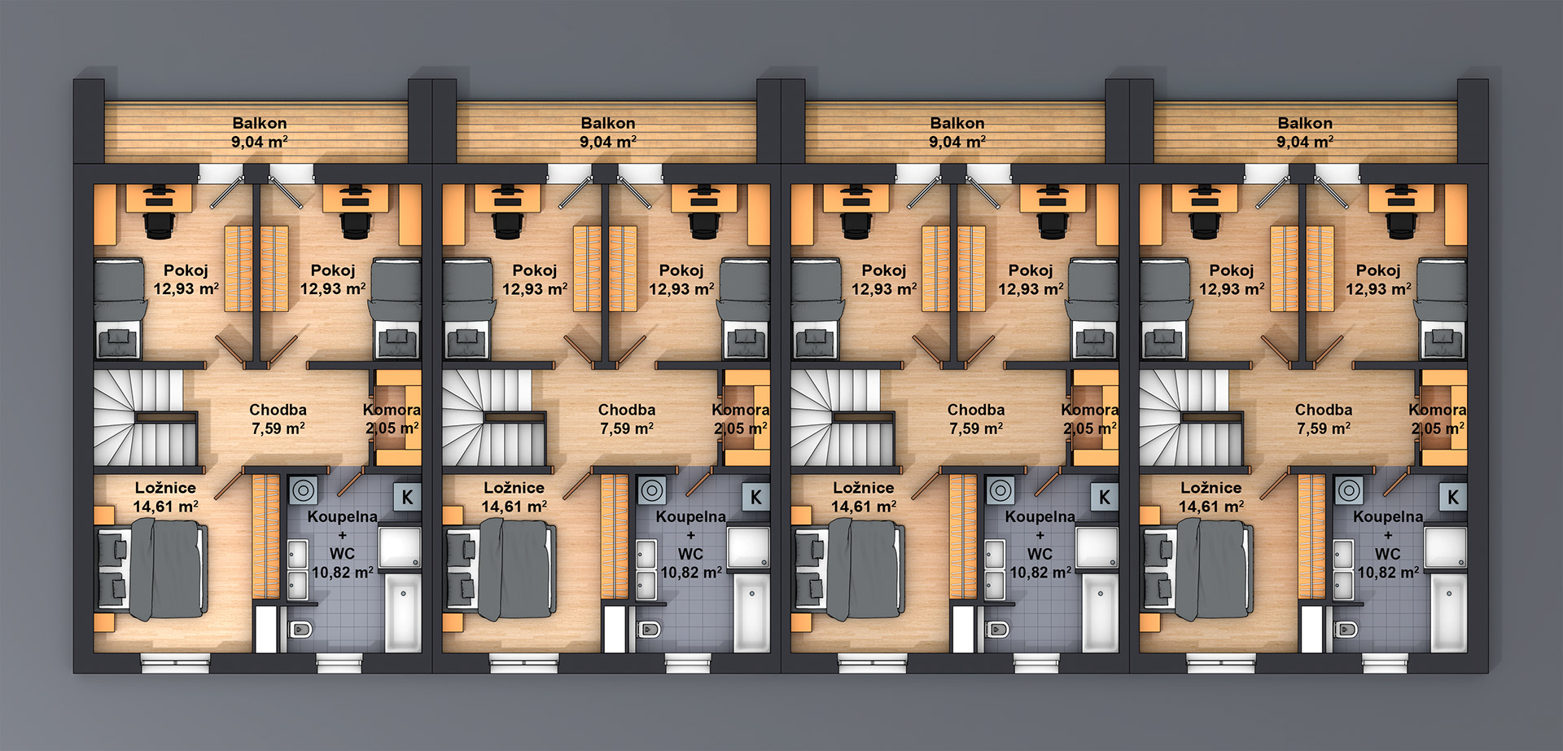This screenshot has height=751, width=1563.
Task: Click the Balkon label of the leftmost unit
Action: point(260,123)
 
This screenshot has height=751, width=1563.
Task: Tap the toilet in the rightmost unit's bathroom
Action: point(1346,629)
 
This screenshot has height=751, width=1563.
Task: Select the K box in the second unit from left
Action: point(755,497)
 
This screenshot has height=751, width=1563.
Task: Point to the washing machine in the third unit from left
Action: point(1000,490)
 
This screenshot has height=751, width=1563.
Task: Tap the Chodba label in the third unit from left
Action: point(975,410)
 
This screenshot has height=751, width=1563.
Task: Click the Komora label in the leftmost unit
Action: point(392,410)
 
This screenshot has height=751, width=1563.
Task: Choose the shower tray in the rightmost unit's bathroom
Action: point(1446,547)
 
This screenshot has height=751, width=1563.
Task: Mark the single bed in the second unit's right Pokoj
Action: point(743,310)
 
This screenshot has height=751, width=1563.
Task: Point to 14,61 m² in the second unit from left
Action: point(514,507)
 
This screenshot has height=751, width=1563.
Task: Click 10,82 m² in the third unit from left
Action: point(1040,573)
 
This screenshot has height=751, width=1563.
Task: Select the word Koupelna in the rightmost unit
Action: point(1388,516)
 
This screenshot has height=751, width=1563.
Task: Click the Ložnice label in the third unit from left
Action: point(863,488)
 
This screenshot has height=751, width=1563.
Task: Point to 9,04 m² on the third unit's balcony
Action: point(957,142)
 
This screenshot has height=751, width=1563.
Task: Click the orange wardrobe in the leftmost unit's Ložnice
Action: point(265,536)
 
